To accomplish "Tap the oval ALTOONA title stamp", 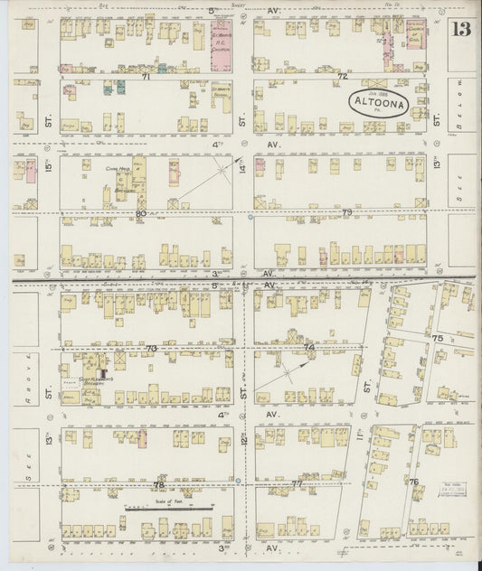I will click(378, 103).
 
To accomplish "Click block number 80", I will click(140, 213).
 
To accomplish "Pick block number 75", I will click(438, 338).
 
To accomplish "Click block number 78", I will click(157, 484).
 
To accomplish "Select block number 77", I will click(297, 484).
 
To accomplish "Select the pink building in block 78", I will click(142, 440).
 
